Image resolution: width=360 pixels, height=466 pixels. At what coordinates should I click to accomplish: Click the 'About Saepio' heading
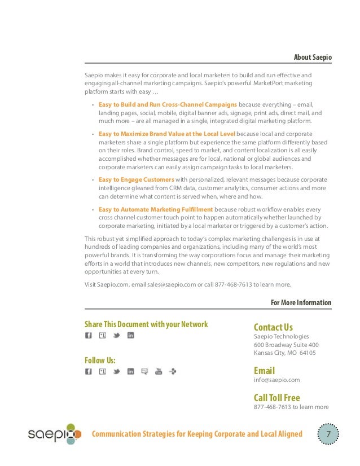coord(313,58)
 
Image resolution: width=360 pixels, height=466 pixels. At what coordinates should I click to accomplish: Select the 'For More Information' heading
coord(301,302)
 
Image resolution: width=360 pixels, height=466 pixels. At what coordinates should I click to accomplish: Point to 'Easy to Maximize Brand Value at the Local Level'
coord(167,134)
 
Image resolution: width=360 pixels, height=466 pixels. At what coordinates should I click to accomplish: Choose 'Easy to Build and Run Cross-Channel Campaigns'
coord(168,104)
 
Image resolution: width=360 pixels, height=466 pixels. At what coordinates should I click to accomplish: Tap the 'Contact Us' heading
coord(273,327)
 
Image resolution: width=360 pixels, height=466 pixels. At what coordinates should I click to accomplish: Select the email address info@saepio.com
coord(277,380)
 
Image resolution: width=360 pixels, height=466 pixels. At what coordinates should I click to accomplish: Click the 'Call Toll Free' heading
coord(276,397)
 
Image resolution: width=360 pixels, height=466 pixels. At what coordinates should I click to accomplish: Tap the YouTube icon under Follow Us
coord(159,371)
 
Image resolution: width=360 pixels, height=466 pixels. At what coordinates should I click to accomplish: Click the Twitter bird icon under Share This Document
coord(117,336)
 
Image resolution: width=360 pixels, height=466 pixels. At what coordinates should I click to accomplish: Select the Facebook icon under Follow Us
coord(88,371)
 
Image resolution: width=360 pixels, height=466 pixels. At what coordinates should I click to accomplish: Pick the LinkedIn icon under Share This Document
coord(130,336)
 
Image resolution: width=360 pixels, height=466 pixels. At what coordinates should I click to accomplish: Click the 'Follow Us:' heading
coord(100,360)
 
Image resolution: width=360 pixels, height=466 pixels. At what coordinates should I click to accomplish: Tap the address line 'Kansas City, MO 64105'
coord(284,353)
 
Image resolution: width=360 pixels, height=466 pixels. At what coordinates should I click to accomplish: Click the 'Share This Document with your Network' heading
coord(146,324)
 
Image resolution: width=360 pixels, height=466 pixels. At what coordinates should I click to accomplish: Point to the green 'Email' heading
coord(264,371)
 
